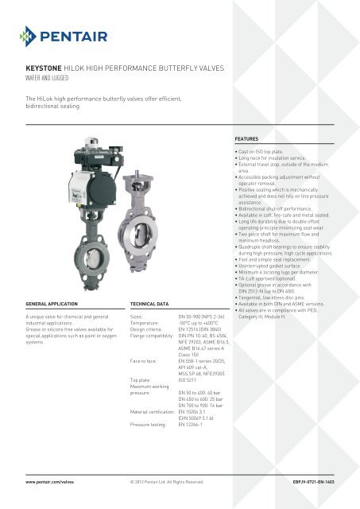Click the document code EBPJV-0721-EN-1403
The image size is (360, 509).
click(311, 482)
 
